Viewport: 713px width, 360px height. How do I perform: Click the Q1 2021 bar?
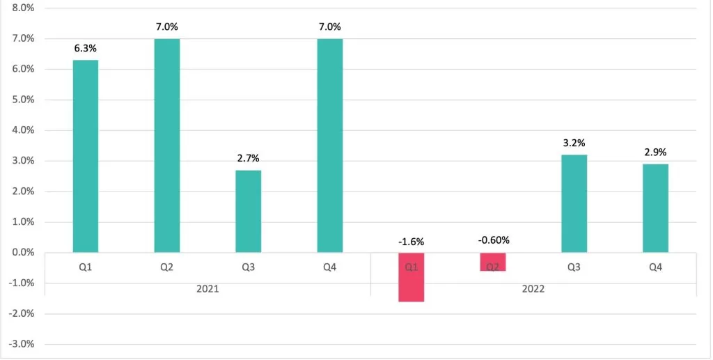pyautogui.click(x=85, y=156)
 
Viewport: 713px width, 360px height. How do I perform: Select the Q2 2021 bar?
pyautogui.click(x=166, y=146)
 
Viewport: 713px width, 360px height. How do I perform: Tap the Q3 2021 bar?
pyautogui.click(x=248, y=211)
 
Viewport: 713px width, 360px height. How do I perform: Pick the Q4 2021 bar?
pyautogui.click(x=329, y=146)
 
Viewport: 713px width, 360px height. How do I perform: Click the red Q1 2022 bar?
pyautogui.click(x=411, y=277)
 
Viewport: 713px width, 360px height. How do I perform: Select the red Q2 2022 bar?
pyautogui.click(x=492, y=262)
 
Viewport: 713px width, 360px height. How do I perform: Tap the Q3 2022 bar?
pyautogui.click(x=574, y=203)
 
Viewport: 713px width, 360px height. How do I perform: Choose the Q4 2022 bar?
pyautogui.click(x=655, y=208)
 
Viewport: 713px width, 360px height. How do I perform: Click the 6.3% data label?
pyautogui.click(x=85, y=49)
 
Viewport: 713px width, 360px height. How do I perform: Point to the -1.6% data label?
pyautogui.click(x=411, y=242)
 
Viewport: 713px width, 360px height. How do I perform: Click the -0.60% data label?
pyautogui.click(x=493, y=240)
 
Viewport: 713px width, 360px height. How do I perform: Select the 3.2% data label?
pyautogui.click(x=574, y=143)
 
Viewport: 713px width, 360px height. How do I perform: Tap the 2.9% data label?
pyautogui.click(x=655, y=152)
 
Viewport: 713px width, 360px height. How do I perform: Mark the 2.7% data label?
pyautogui.click(x=248, y=159)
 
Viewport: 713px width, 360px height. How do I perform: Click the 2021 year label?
pyautogui.click(x=207, y=288)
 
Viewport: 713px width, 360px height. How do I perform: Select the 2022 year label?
pyautogui.click(x=533, y=288)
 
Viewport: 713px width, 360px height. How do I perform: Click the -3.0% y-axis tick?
pyautogui.click(x=22, y=344)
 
